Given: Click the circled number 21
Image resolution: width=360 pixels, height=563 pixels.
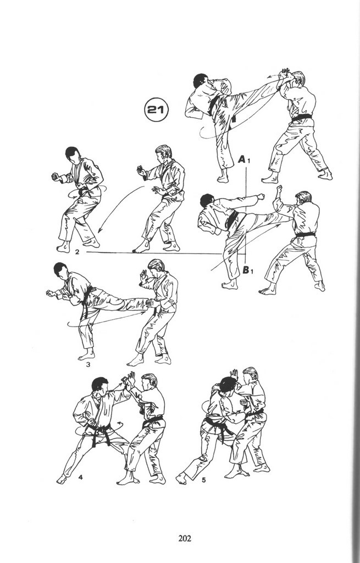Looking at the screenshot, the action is click(x=157, y=109).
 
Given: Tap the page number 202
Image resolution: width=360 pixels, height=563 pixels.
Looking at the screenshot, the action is click(x=185, y=538).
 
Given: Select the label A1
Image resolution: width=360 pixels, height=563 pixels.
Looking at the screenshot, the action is click(x=243, y=159).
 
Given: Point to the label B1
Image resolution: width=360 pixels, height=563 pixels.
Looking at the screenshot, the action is click(x=248, y=269).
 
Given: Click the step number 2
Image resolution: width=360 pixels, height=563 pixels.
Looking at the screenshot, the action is click(x=77, y=252).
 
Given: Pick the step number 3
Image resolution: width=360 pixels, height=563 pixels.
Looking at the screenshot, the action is click(x=88, y=365).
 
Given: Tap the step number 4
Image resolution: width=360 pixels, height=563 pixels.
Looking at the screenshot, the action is click(x=80, y=477).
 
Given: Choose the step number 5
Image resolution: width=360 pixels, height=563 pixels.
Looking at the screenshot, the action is click(x=203, y=479).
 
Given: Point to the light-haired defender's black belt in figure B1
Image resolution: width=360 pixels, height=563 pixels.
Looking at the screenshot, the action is click(x=306, y=234).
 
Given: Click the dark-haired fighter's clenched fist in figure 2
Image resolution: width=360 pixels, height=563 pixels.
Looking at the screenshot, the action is click(x=56, y=176).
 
